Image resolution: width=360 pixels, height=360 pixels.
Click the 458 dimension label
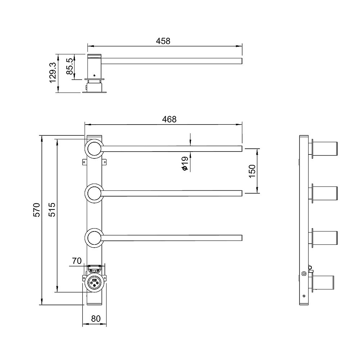163,41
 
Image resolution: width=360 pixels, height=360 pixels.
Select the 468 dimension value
169,119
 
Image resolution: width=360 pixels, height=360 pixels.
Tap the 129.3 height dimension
53,73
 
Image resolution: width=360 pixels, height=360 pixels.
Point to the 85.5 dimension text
69,66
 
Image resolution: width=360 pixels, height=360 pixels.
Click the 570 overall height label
37,210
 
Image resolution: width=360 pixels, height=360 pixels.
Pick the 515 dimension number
52,210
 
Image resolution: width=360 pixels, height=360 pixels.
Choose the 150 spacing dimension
252,171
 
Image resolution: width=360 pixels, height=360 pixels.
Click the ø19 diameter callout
185,163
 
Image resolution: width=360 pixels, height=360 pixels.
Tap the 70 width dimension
77,261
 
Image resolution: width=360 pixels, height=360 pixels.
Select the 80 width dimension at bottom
96,319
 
